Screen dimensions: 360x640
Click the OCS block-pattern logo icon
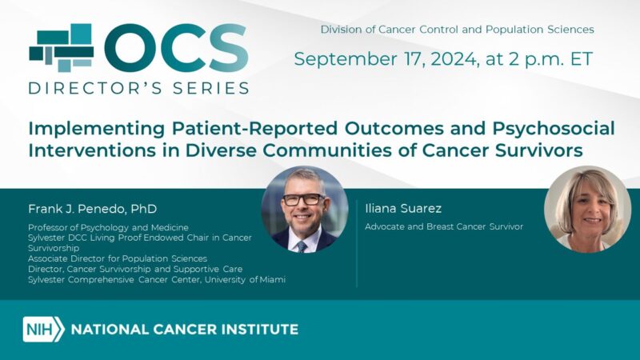click(61, 48)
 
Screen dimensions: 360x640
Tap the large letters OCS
click(176, 50)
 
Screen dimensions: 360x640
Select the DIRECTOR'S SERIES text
click(138, 88)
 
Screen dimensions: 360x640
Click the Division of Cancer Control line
click(457, 30)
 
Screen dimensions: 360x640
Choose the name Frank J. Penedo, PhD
click(92, 209)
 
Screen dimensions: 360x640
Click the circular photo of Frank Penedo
click(304, 210)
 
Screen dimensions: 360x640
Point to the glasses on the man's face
click(302, 200)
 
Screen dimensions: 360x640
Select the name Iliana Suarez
click(402, 209)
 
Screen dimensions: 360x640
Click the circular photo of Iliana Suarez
click(587, 209)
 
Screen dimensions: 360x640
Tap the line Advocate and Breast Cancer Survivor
click(444, 226)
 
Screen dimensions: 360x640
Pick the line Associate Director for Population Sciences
click(118, 258)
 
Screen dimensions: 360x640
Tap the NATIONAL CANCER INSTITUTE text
click(185, 329)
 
